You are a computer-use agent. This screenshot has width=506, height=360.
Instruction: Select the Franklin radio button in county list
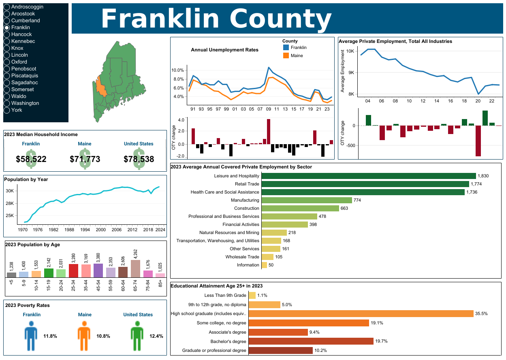tap(6, 28)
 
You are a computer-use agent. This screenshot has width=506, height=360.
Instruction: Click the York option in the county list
tap(6, 110)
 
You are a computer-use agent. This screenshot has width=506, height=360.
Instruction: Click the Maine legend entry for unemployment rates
tap(297, 55)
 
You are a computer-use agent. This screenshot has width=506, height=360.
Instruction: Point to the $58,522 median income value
tap(31, 159)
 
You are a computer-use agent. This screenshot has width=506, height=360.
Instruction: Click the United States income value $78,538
tap(139, 159)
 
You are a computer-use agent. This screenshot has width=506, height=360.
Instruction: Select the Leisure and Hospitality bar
tap(368, 176)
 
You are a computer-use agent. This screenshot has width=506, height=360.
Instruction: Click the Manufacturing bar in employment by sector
tap(307, 200)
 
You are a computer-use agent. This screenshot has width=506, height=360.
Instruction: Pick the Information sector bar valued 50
tap(264, 265)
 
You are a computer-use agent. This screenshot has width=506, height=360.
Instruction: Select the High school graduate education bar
tap(361, 313)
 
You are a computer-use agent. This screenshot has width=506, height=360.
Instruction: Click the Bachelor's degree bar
tap(311, 341)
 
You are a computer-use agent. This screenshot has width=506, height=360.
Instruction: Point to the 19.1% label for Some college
tap(377, 323)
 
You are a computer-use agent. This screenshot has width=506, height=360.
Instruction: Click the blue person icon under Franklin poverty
tap(31, 336)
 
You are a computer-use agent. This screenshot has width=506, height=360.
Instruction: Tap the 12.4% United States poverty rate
tap(156, 336)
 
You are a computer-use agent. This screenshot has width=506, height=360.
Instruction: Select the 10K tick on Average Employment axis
tap(351, 51)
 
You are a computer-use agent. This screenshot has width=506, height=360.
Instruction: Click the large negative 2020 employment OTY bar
tap(478, 141)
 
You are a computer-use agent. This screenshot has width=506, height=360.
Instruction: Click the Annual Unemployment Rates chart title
tap(224, 50)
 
